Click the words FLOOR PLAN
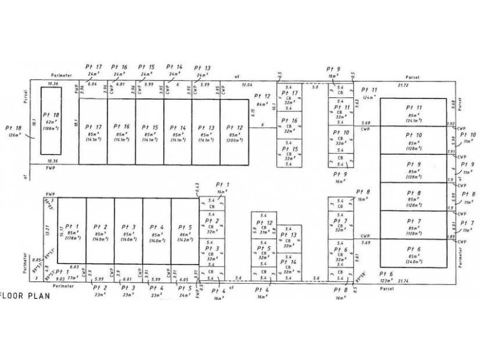(22, 296)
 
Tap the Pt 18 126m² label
(13, 131)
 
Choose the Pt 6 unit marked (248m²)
(415, 254)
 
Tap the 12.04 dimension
(248, 86)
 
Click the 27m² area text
(73, 278)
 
